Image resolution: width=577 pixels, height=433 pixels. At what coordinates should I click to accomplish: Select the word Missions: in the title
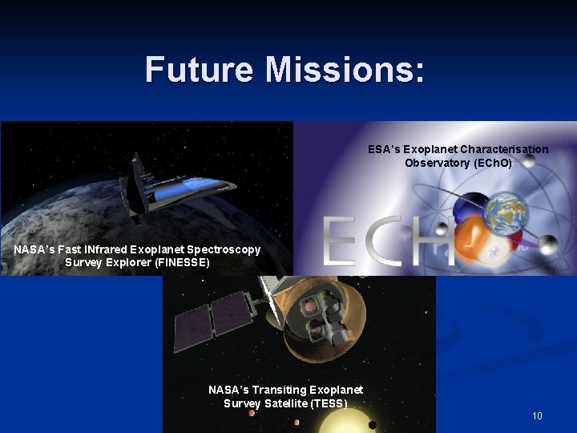(345, 70)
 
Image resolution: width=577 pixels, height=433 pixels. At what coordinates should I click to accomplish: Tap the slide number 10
(536, 415)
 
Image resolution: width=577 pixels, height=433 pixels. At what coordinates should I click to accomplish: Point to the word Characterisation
(504, 149)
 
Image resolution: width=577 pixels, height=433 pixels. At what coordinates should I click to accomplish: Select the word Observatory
(438, 163)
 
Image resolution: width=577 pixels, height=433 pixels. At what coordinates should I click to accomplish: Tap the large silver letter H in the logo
(434, 242)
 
